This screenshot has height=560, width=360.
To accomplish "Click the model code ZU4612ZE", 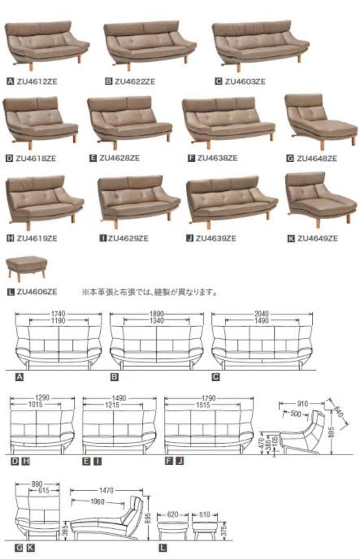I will click(36, 81).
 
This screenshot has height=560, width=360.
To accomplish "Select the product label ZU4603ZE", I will click(245, 81).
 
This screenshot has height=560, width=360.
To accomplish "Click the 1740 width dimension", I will click(59, 314).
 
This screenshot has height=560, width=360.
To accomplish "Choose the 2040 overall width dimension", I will click(262, 314).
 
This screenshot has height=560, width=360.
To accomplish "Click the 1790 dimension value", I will click(209, 398).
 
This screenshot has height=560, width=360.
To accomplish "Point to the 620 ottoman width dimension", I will click(173, 515).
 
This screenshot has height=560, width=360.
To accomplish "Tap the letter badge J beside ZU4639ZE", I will click(190, 238).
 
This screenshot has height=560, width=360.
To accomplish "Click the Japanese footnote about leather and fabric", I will click(149, 292).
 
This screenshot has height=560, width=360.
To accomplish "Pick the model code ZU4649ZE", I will click(317, 238).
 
